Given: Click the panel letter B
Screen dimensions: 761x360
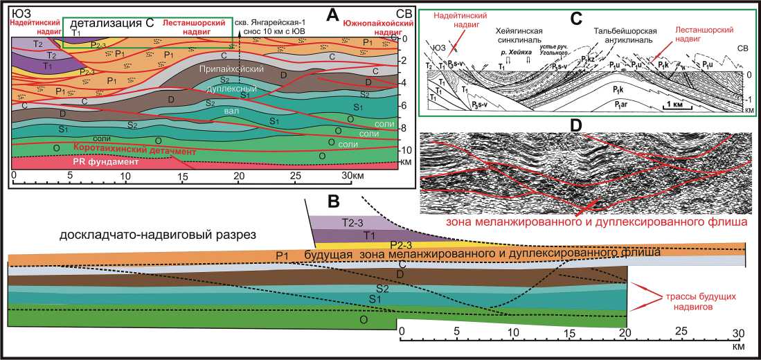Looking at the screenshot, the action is (333, 201).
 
